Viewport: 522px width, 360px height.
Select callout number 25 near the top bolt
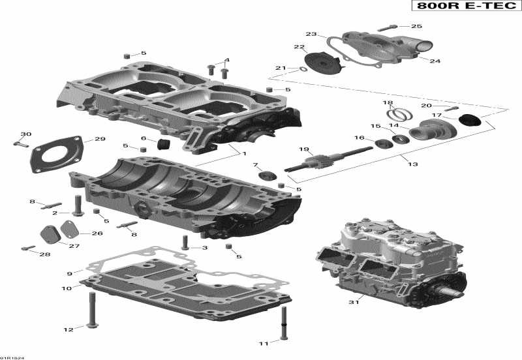pos(416,27)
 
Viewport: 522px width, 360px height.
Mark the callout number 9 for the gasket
pos(69,273)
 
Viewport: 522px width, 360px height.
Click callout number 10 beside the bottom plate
pos(67,288)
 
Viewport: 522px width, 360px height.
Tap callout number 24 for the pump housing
pos(435,61)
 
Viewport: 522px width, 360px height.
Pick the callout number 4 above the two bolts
pos(226,61)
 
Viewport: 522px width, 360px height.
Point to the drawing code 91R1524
pos(10,357)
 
